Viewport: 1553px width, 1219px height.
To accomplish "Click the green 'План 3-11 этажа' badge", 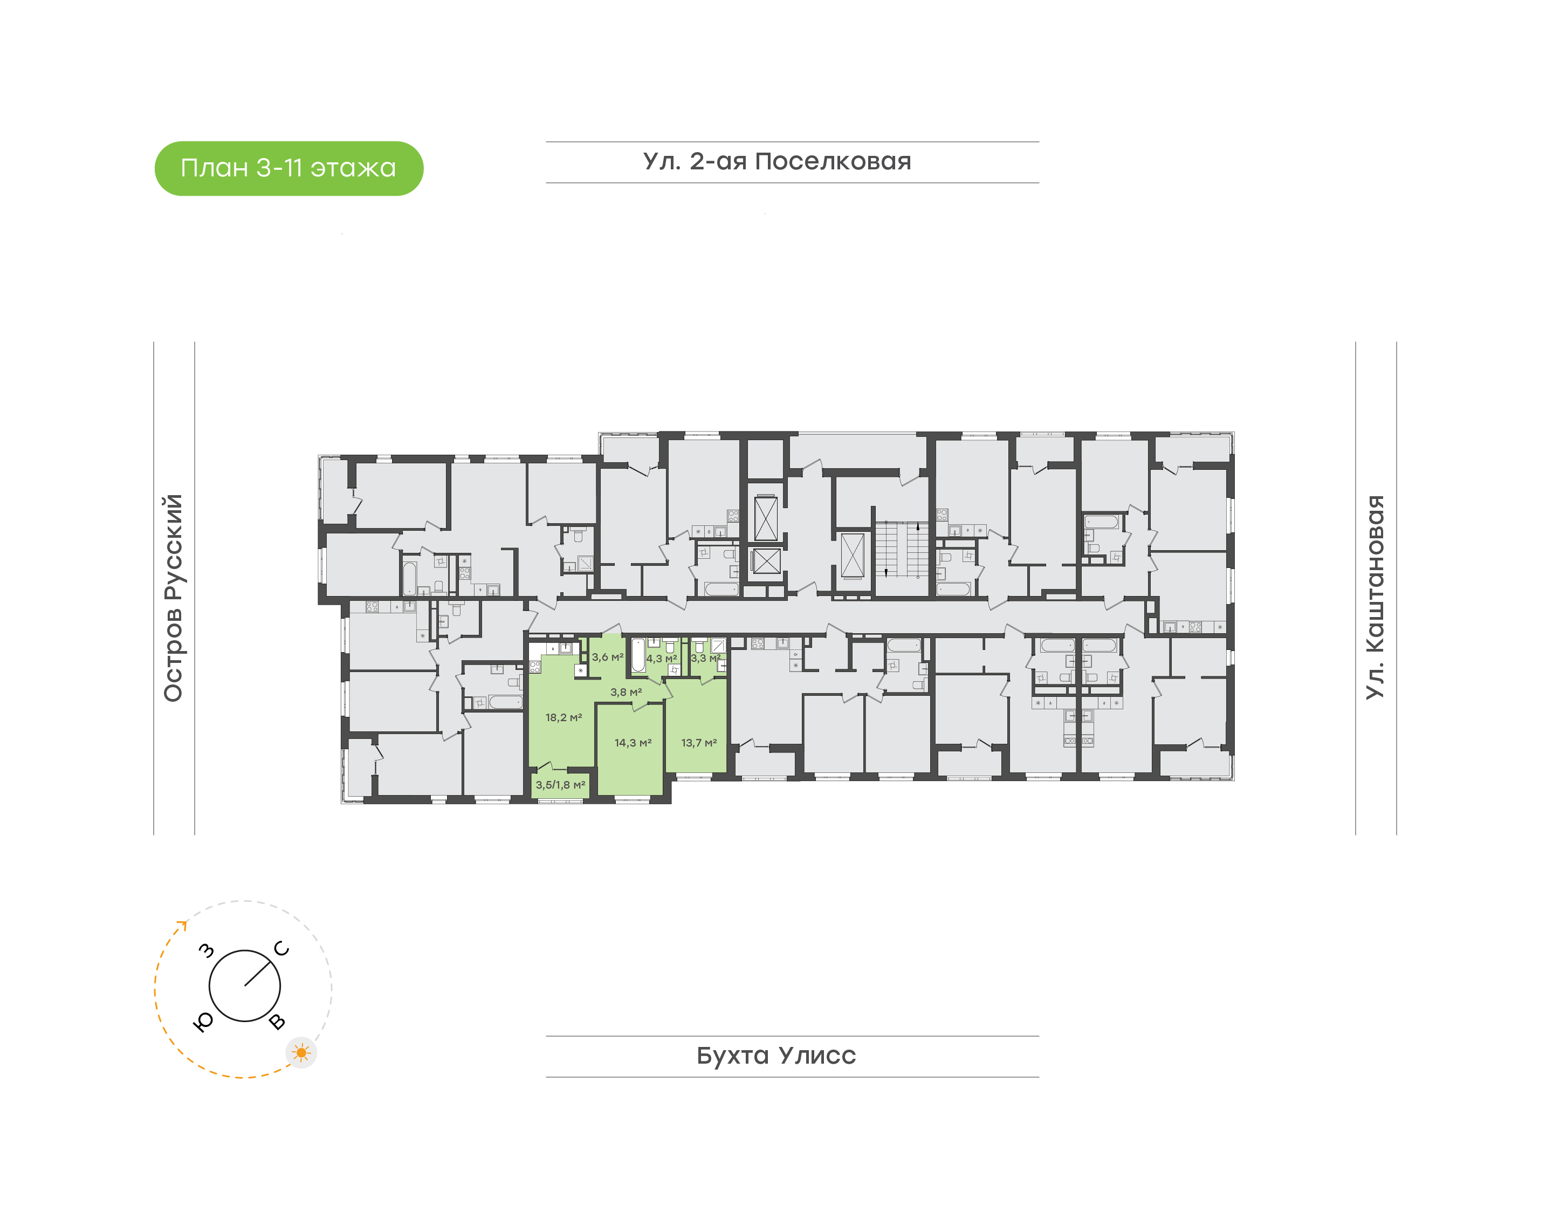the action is click(289, 168).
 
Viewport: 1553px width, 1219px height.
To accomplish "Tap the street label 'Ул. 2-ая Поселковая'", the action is click(777, 161).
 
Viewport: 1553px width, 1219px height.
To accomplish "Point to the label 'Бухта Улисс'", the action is click(776, 1056).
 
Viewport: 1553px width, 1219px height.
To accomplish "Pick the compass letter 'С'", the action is click(282, 949).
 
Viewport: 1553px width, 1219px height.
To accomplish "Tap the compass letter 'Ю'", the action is click(203, 1023).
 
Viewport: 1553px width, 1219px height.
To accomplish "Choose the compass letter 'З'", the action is click(206, 950).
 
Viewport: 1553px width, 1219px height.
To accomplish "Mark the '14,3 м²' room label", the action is click(633, 743).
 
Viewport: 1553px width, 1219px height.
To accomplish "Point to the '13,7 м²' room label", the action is click(699, 743).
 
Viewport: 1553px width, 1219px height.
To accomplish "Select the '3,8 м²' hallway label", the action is click(626, 692).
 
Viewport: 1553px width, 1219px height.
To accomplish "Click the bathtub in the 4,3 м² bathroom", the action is click(638, 655).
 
